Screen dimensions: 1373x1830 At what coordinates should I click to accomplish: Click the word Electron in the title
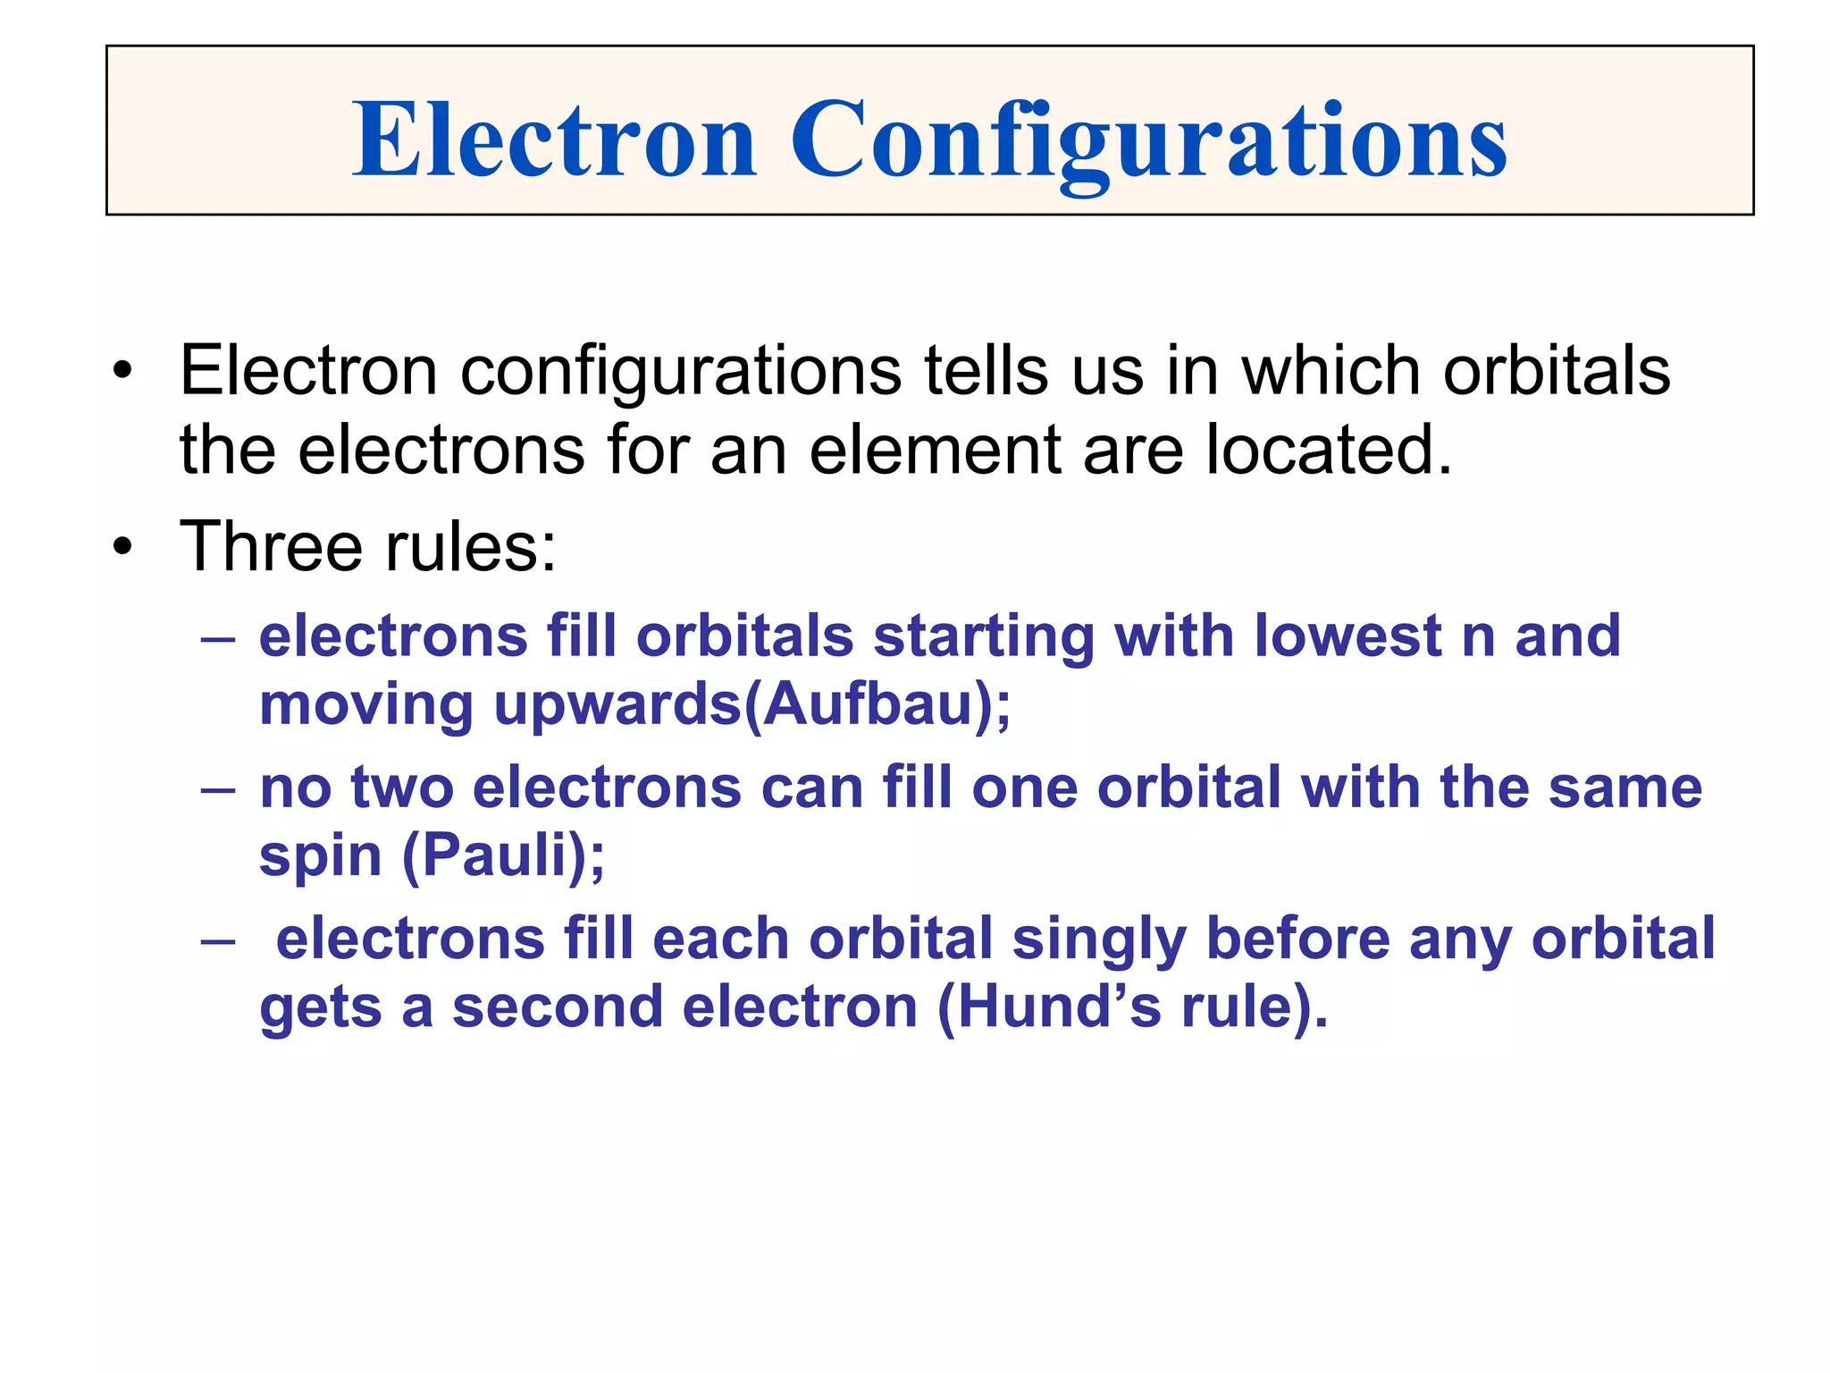coord(554,140)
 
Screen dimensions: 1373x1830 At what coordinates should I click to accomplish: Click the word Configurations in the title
coord(1148,140)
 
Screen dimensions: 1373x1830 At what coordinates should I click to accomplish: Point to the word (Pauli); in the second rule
coord(504,855)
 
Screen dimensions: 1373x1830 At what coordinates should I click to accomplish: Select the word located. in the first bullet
coord(1329,449)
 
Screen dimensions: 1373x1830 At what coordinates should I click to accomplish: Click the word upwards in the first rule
coord(617,706)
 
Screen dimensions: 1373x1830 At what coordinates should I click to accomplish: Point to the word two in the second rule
coord(401,788)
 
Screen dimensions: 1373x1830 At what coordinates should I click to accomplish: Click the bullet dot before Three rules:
coord(123,546)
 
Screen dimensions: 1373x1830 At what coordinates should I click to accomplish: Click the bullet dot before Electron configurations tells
coord(123,371)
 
